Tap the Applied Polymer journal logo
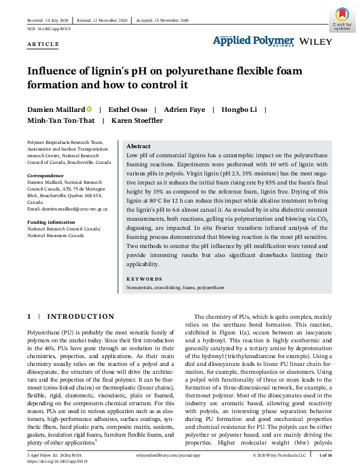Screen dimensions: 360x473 tap(253, 40)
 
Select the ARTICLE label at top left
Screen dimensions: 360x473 tap(43, 44)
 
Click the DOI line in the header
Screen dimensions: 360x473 tap(49, 29)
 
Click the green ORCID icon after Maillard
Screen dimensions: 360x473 tap(89, 109)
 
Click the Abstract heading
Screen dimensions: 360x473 tap(139, 146)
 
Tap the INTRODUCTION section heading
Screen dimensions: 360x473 tap(80, 316)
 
